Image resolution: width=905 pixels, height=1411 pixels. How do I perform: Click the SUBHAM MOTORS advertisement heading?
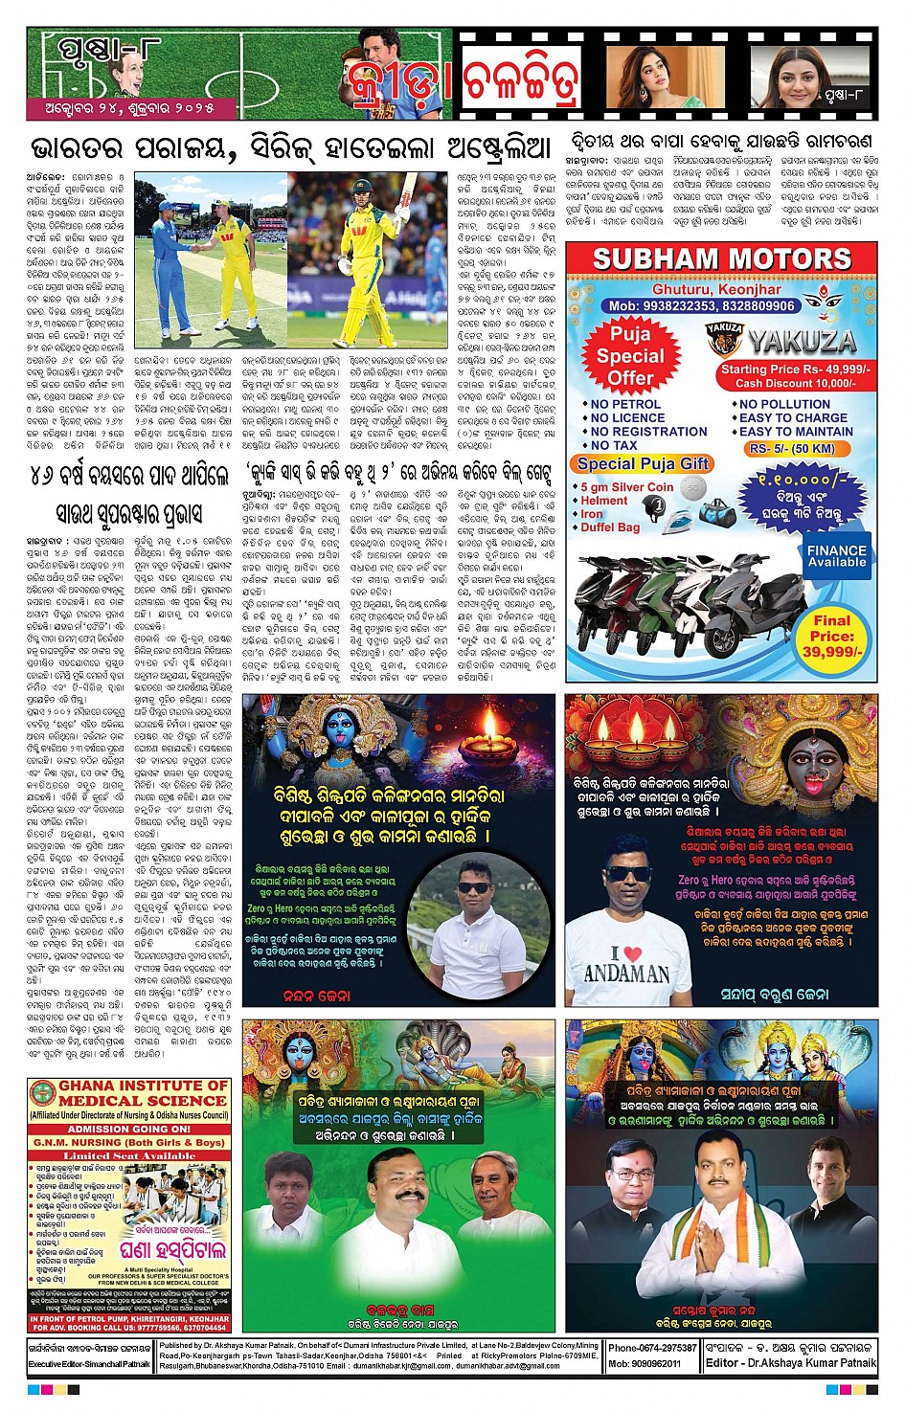[x=722, y=258]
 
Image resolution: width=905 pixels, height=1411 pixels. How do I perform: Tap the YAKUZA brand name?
[x=802, y=341]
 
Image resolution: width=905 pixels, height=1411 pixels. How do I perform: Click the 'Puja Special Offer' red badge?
[x=630, y=355]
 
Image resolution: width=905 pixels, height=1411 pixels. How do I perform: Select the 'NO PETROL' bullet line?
[x=626, y=404]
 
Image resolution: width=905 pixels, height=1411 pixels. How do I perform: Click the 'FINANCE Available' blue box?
[x=836, y=556]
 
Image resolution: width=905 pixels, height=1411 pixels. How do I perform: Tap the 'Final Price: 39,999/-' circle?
[x=832, y=636]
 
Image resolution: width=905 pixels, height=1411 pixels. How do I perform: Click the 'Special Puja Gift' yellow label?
[x=643, y=463]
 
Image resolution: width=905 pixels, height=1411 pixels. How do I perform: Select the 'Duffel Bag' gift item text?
[x=610, y=526]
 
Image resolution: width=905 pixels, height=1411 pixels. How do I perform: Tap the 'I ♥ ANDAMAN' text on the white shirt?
[x=627, y=963]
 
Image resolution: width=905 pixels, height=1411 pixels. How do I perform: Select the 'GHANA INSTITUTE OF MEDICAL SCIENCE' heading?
[x=130, y=1093]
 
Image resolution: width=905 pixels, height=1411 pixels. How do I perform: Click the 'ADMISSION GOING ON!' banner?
[x=129, y=1129]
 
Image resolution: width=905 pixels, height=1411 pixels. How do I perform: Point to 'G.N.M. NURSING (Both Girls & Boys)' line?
[x=129, y=1142]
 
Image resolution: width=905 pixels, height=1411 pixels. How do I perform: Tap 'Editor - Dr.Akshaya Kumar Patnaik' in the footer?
[x=790, y=1362]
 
